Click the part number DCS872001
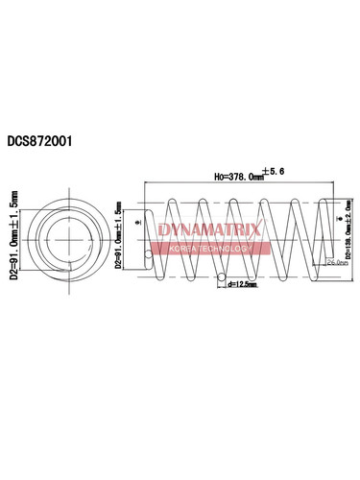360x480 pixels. (x=46, y=139)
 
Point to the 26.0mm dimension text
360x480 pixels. (x=337, y=261)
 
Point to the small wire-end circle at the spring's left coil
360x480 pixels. (x=149, y=254)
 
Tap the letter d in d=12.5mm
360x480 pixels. (x=230, y=284)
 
